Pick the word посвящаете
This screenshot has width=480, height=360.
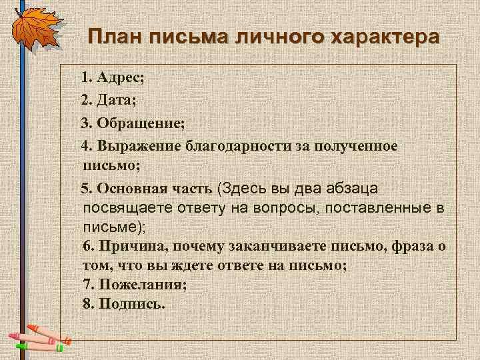pos(125,208)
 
